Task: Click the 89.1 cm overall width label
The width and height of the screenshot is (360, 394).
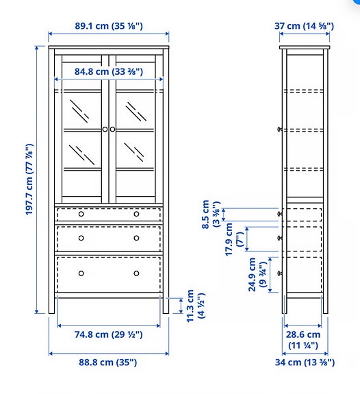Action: click(x=109, y=26)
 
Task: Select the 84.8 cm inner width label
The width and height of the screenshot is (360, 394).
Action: click(x=109, y=71)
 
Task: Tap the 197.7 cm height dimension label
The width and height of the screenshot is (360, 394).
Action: click(x=29, y=180)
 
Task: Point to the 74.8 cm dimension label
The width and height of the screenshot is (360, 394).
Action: click(x=109, y=334)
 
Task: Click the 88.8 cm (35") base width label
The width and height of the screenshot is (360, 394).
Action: click(x=109, y=362)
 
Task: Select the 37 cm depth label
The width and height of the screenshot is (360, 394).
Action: click(x=305, y=26)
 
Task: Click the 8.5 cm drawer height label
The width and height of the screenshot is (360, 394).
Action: click(x=210, y=213)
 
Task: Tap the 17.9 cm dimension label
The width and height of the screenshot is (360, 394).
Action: click(x=234, y=238)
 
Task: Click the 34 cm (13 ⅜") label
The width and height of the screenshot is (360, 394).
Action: click(x=305, y=362)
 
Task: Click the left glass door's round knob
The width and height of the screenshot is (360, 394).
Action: click(x=105, y=129)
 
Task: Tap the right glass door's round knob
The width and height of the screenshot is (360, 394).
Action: click(x=113, y=129)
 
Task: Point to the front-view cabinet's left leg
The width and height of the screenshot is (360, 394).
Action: click(x=52, y=305)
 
